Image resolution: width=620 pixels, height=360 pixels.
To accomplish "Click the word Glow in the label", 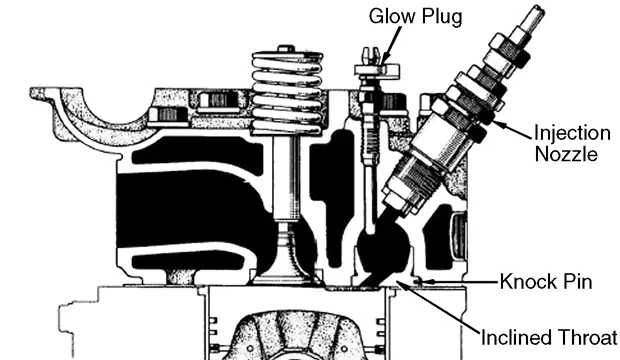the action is coord(393,17).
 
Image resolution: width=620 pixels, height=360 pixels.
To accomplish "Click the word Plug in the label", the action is coord(442,18).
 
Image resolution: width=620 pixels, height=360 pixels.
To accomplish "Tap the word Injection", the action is coord(572,134).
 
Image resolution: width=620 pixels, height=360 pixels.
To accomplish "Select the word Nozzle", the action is coord(566,153).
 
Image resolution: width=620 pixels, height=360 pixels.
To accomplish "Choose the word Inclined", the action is coord(516,337).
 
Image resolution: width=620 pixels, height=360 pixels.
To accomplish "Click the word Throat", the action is coord(586,337).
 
